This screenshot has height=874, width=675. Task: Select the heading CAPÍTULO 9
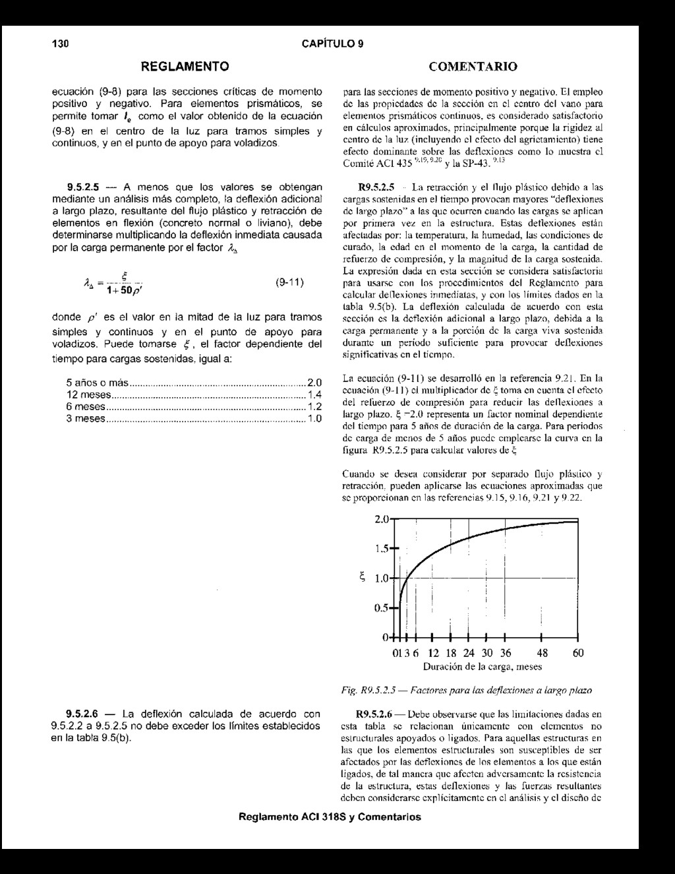[x=333, y=44]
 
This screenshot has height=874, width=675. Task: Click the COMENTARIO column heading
[x=473, y=67]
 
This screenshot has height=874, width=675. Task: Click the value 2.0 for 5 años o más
[x=314, y=383]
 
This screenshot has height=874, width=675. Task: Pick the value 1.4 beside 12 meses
[x=314, y=394]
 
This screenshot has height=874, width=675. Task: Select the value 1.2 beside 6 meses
[x=314, y=406]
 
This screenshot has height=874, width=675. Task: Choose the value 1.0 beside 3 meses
[x=314, y=418]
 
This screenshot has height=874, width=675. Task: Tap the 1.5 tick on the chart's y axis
[x=382, y=549]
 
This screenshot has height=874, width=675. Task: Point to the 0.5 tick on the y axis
[x=382, y=608]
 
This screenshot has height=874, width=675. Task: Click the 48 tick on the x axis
[x=541, y=653]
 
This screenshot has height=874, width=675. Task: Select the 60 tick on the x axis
[x=578, y=653]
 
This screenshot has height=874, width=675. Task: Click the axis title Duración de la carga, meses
[x=482, y=667]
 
